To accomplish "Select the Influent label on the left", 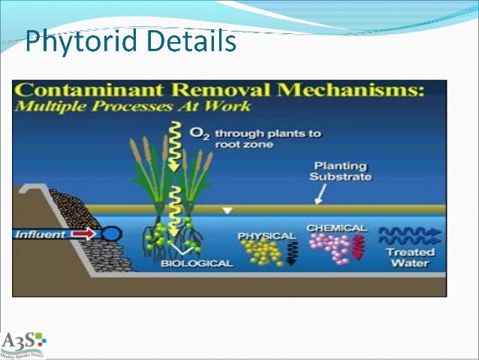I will pyautogui.click(x=42, y=234).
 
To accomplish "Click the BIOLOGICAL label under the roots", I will pyautogui.click(x=197, y=264).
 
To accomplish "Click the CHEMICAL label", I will pyautogui.click(x=336, y=228).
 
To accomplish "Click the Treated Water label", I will pyautogui.click(x=408, y=258).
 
